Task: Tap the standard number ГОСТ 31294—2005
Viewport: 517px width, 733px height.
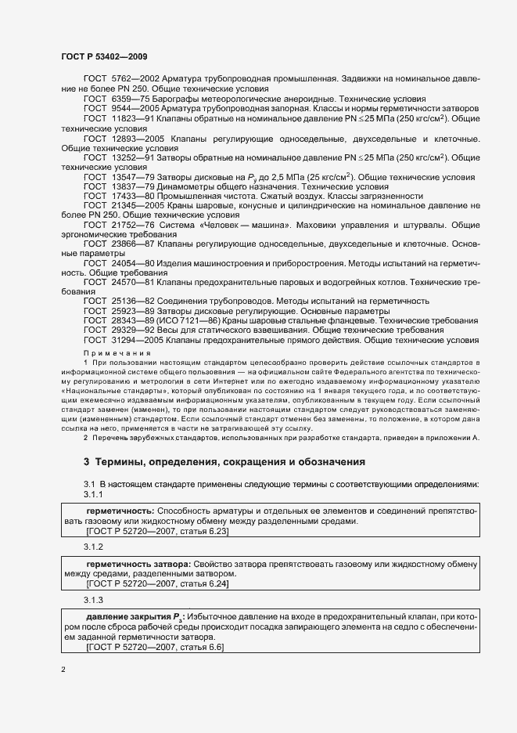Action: click(117, 341)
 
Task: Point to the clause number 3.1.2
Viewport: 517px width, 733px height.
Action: click(93, 546)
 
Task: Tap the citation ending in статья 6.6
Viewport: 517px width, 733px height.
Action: click(156, 648)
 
